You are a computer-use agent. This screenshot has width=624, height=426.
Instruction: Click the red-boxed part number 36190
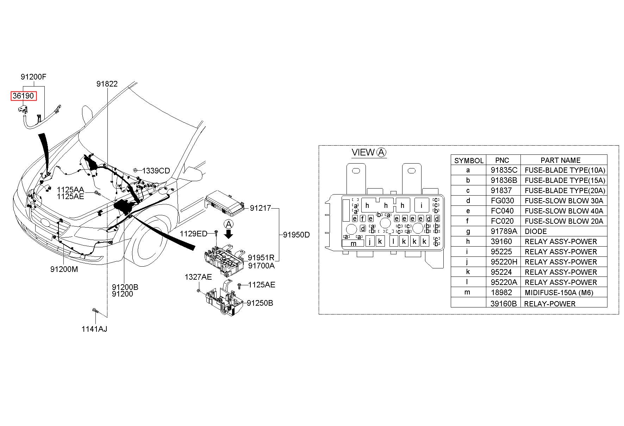[x=23, y=96]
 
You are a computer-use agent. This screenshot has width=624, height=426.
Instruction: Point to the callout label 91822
[x=107, y=84]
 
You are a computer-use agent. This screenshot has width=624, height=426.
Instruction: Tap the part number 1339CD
[x=156, y=171]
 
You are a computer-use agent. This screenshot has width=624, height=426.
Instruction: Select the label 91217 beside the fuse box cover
[x=261, y=208]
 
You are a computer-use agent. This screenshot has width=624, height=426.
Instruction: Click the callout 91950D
[x=297, y=235]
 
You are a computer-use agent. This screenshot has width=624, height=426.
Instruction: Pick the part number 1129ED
[x=193, y=234]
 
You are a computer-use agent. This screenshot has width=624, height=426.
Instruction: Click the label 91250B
[x=260, y=303]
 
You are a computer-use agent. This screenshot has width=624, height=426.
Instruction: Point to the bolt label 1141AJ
[x=94, y=329]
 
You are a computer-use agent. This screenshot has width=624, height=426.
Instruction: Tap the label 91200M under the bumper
[x=64, y=269]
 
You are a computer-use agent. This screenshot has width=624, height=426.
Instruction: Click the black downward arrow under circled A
[x=229, y=234]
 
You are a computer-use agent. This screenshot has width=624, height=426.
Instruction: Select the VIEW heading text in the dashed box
[x=363, y=152]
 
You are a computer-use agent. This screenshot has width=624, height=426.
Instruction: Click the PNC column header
[x=502, y=160]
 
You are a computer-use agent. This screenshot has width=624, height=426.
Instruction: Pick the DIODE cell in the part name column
[x=536, y=231]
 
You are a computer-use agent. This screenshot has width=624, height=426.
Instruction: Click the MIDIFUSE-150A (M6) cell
[x=559, y=293]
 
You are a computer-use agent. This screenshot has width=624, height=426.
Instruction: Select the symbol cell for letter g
[x=468, y=231]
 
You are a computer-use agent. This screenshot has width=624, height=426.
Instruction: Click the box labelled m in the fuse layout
[x=353, y=243]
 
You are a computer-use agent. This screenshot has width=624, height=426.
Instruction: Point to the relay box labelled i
[x=422, y=205]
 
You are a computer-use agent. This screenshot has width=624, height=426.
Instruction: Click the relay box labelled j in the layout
[x=370, y=241]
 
